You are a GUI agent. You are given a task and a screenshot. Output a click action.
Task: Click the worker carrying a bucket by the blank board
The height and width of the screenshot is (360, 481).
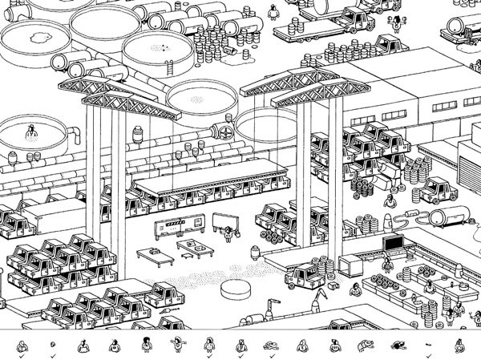229,233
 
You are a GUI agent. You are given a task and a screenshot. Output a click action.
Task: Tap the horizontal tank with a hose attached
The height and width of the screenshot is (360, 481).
445,216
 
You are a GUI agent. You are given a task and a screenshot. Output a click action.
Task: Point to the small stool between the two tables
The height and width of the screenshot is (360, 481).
185,256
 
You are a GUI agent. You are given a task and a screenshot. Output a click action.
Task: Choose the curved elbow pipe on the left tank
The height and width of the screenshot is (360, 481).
60,63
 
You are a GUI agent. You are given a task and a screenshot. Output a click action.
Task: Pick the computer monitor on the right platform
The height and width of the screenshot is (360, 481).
394,242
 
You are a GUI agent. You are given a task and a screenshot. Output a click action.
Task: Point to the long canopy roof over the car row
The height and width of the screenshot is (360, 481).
210,177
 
